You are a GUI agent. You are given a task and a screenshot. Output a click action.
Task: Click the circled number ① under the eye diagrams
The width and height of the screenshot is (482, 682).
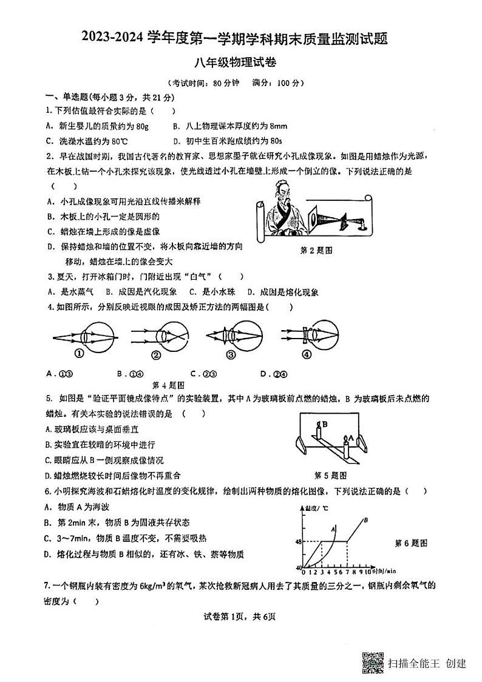point(79,355)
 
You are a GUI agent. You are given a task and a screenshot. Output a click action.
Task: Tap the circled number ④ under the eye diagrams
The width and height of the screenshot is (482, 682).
point(307,355)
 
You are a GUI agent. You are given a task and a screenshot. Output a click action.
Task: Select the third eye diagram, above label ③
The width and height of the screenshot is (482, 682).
point(229,334)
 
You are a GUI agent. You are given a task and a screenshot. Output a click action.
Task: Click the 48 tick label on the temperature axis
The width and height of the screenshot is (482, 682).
point(299,541)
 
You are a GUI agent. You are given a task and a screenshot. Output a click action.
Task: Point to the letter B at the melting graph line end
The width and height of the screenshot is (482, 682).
point(365,519)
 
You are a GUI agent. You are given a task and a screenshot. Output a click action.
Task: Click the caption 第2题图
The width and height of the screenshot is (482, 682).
point(316,250)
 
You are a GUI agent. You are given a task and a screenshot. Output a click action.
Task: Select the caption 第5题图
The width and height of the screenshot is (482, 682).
point(331,475)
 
